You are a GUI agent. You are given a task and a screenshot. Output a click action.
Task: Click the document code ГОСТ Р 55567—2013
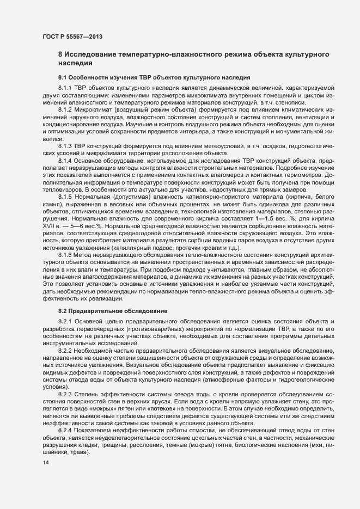72,36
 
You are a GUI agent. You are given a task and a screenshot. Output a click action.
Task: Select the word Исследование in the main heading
94,55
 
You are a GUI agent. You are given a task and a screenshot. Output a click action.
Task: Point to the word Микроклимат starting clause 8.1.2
95,109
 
